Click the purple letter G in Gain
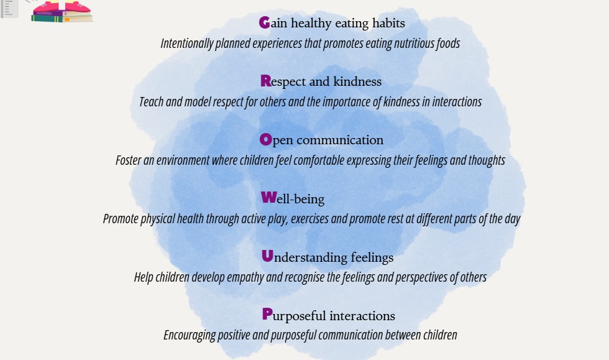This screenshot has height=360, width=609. [265, 22]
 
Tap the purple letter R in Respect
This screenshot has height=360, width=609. [266, 81]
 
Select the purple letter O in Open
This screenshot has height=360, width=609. [266, 139]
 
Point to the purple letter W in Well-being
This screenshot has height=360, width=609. [268, 197]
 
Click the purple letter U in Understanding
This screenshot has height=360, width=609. [268, 256]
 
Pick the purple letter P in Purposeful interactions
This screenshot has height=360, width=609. [267, 314]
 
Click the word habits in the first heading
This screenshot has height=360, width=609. [388, 23]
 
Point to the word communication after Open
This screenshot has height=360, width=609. [340, 140]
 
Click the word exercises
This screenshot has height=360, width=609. [310, 219]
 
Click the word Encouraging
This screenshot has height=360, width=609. [190, 335]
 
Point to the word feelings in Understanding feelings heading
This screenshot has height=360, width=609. [372, 257]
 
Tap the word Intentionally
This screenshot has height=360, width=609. [187, 43]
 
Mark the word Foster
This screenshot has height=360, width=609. [128, 160]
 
